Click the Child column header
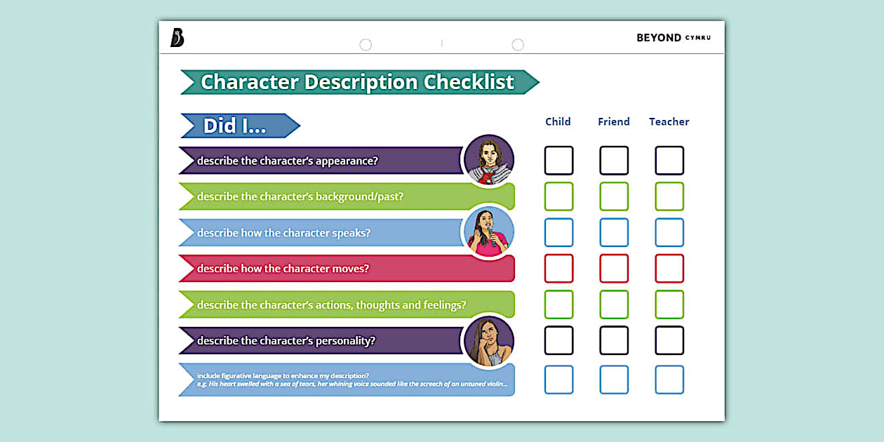tap(558, 121)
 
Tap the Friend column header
tap(613, 121)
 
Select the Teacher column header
tap(669, 121)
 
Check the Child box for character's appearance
tap(558, 161)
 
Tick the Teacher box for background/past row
tap(669, 196)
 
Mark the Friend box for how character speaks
tap(614, 232)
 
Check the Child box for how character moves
tap(558, 268)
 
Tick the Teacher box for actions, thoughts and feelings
tap(669, 304)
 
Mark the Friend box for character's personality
tap(614, 340)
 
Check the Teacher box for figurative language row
tap(669, 380)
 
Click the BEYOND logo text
tap(659, 38)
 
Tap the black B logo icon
tap(177, 38)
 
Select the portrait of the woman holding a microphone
tap(489, 232)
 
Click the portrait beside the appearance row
tap(489, 160)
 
